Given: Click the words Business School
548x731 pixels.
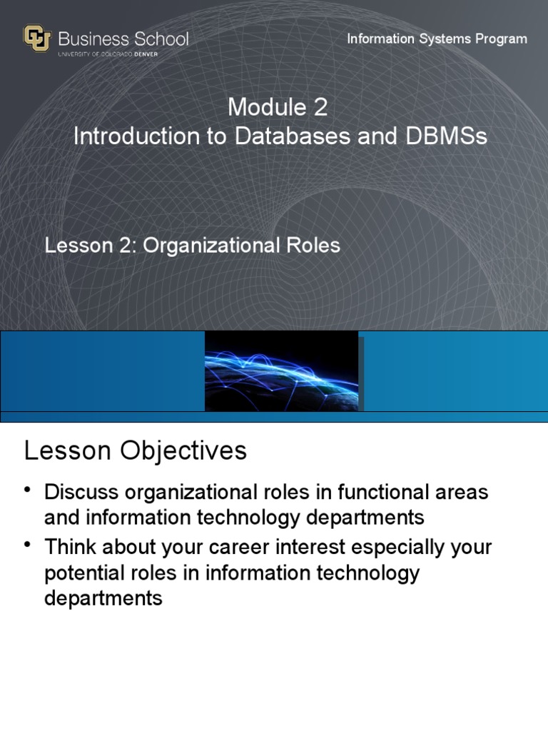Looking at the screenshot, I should click(123, 38).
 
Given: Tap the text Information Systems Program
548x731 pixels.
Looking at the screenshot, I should click(437, 39).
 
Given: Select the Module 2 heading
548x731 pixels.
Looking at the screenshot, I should click(278, 108).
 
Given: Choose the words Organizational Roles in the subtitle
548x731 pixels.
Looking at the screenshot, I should click(242, 246).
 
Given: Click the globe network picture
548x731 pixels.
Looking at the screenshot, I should click(281, 370).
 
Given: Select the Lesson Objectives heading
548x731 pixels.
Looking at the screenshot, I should click(136, 451).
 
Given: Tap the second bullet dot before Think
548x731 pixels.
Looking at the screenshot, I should click(29, 545).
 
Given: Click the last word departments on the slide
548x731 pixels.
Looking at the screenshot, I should click(103, 598).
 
